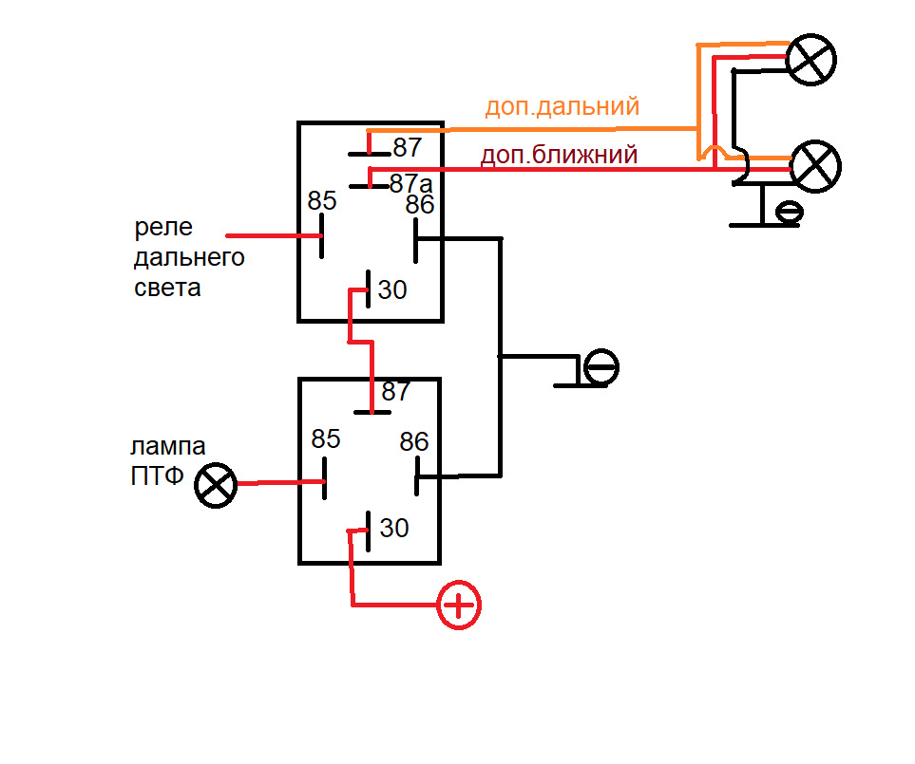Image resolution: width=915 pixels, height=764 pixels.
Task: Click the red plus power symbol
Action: point(459,605)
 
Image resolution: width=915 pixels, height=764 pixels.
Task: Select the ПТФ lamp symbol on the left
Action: point(216,485)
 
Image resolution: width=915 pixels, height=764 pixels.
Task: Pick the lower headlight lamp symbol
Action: point(815,163)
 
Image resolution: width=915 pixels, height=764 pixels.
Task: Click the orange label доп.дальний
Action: point(562,106)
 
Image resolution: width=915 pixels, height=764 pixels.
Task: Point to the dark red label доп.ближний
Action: point(559,155)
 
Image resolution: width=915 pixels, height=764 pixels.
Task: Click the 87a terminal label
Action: point(410,183)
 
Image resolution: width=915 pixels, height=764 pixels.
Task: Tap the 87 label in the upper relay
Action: point(407,148)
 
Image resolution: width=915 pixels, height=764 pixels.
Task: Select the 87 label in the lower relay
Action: point(396,391)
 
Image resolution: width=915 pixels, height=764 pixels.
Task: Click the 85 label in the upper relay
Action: point(322,201)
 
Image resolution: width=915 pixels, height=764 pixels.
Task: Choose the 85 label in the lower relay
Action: point(326,439)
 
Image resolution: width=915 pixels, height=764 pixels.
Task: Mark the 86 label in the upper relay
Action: point(420,205)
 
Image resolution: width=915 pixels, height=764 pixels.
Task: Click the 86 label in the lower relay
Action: point(414,441)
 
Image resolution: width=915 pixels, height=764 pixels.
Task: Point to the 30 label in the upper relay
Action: point(392,289)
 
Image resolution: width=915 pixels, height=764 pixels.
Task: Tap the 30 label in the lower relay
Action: point(394,527)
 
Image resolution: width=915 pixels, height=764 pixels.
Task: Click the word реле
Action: point(163,229)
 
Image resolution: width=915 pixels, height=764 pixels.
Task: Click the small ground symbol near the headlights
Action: point(788,213)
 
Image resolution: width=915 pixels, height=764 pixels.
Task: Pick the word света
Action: point(167,288)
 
